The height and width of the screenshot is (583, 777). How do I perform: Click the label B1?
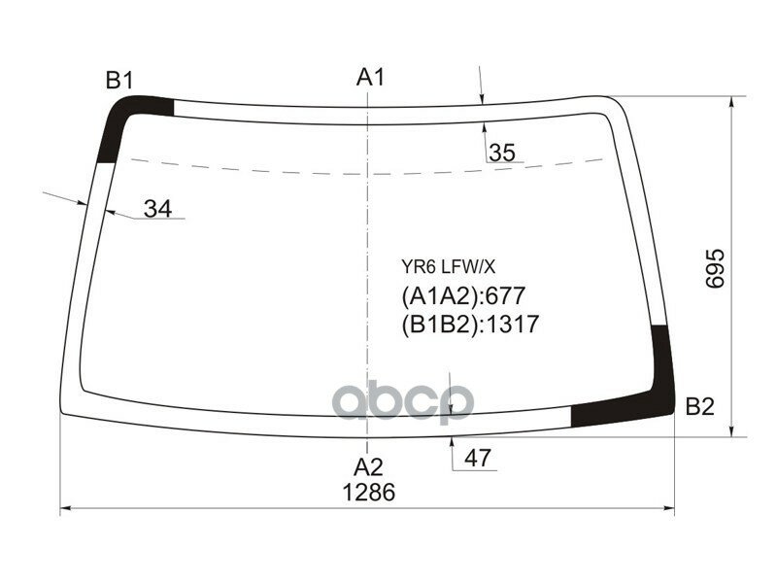(118, 81)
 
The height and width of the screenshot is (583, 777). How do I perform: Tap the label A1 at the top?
(371, 77)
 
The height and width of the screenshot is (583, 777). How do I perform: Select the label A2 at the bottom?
(368, 465)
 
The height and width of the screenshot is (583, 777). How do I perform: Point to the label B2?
(699, 407)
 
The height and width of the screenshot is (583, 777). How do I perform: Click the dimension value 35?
(502, 153)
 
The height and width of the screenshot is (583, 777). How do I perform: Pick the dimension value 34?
(157, 208)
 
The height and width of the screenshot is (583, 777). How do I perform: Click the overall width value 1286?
(368, 493)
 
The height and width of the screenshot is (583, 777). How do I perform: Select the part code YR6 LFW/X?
(442, 265)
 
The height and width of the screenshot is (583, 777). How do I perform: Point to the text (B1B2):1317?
(470, 325)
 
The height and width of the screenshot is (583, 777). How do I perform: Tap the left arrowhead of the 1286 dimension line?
(66, 508)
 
